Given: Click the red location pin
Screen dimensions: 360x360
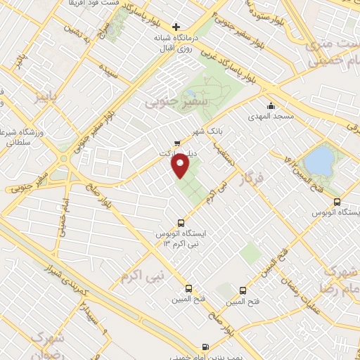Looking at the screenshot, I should click(181, 167).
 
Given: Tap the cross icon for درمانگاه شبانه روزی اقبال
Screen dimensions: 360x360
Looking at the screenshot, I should click(176, 27).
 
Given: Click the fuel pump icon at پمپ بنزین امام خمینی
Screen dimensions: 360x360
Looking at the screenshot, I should click(205, 347).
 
